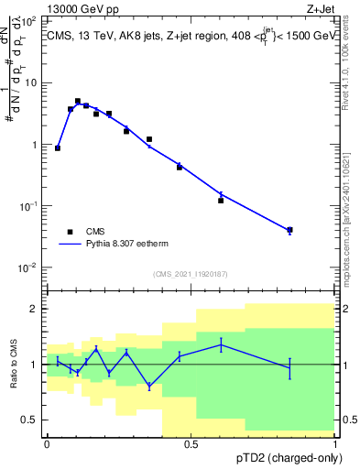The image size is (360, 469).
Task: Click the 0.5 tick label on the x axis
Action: [191, 443]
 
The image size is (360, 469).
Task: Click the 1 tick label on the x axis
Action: [334, 443]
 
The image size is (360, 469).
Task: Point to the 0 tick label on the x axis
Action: [47, 443]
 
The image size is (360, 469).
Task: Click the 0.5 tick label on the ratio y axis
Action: [32, 420]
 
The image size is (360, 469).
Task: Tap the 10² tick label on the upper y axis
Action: [30, 20]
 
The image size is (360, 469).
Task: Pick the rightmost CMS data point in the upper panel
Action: [289, 230]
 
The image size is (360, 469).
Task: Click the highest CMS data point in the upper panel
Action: [78, 101]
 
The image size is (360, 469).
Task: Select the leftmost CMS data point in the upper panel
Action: [58, 147]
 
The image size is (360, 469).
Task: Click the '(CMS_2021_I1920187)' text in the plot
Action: [191, 274]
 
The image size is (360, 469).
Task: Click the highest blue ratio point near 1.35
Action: [221, 344]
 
